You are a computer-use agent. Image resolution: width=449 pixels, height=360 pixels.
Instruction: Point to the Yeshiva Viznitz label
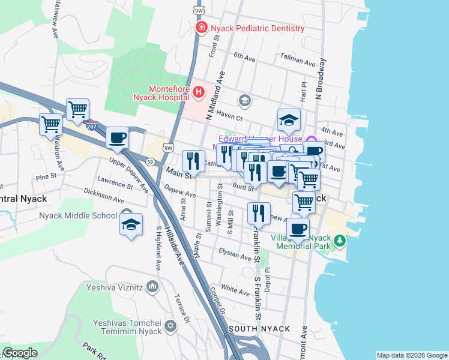click(x=115, y=287)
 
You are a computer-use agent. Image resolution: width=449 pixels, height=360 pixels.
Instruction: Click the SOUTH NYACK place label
click(x=259, y=329)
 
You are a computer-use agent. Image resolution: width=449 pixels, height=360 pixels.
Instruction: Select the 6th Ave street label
click(x=245, y=56)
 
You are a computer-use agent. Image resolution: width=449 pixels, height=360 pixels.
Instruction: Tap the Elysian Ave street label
click(x=235, y=254)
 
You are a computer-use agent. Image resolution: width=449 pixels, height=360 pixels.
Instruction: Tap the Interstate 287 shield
click(x=91, y=127)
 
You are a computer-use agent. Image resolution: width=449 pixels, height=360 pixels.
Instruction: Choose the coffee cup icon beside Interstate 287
click(x=118, y=138)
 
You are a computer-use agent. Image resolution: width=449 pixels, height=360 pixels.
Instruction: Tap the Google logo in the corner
click(x=20, y=353)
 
